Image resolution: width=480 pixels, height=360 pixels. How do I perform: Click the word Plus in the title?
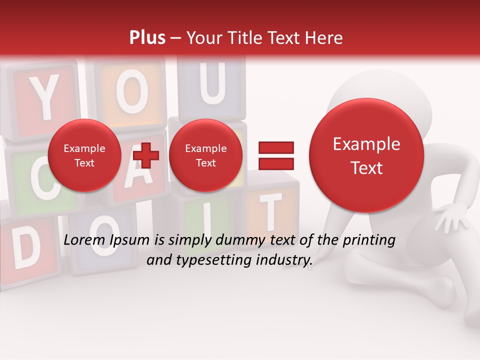(147, 38)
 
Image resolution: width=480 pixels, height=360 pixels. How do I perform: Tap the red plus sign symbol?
(146, 155)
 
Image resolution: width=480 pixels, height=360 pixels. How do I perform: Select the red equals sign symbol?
(275, 155)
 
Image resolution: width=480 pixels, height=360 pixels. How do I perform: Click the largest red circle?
(366, 155)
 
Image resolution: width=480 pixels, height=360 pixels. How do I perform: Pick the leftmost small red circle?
(84, 155)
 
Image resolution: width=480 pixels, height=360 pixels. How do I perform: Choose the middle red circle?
(205, 155)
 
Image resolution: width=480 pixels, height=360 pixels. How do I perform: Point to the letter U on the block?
(212, 85)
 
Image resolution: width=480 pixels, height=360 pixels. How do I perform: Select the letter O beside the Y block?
(131, 92)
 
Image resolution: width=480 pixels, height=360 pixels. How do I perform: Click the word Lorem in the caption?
(83, 240)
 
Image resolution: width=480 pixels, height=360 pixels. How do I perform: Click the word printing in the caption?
(369, 240)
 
